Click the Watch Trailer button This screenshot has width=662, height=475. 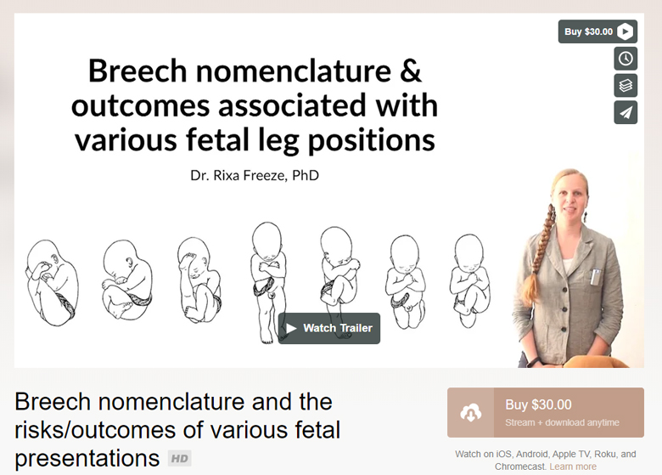pos(329,328)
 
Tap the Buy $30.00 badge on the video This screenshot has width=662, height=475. pos(597,31)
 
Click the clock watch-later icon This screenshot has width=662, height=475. pos(626,59)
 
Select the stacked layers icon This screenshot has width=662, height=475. pos(626,85)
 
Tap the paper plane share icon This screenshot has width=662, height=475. pos(626,112)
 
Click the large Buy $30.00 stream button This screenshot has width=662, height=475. pos(546,412)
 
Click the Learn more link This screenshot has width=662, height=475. pos(573,467)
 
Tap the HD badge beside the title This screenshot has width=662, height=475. pos(179,459)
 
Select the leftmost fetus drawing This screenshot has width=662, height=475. pos(51,281)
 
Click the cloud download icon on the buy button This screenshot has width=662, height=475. pos(471,413)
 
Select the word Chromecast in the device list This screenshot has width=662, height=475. pos(521,467)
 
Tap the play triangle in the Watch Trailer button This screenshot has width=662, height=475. pos(291,328)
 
